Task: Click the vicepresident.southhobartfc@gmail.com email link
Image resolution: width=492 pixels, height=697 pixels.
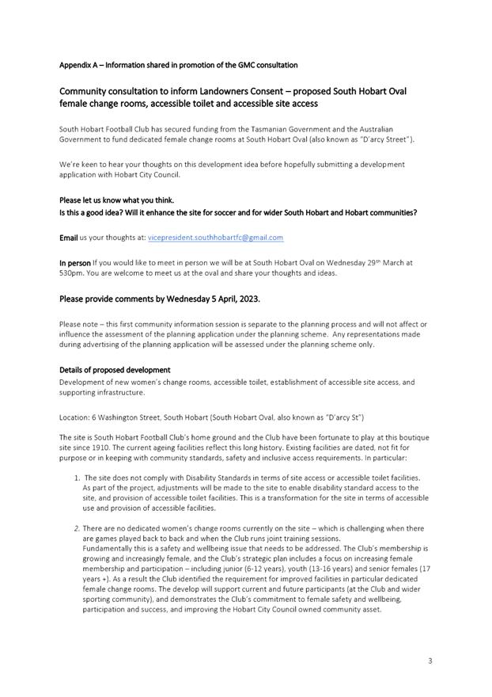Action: pyautogui.click(x=215, y=237)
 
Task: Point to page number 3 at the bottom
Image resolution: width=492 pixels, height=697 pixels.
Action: pyautogui.click(x=430, y=661)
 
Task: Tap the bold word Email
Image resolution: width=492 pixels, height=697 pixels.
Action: pyautogui.click(x=69, y=237)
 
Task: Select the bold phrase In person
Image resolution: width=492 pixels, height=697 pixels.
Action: pyautogui.click(x=75, y=261)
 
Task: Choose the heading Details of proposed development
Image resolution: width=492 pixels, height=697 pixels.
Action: pyautogui.click(x=115, y=370)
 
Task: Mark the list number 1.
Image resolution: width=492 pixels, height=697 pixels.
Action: pyautogui.click(x=77, y=478)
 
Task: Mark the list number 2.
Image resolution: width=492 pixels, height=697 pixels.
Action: pyautogui.click(x=77, y=528)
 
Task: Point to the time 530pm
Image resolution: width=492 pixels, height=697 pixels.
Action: pyautogui.click(x=71, y=274)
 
